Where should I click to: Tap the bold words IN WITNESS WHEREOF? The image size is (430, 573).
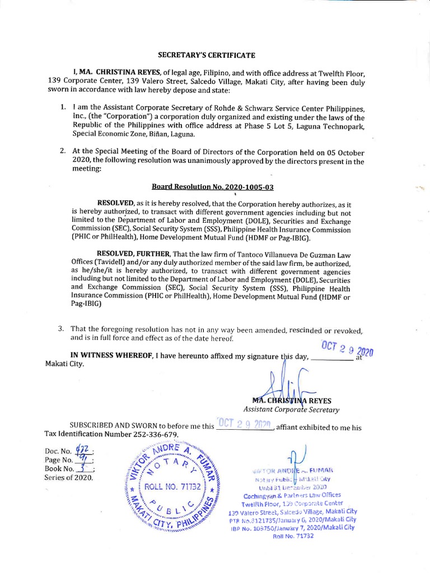point(111,355)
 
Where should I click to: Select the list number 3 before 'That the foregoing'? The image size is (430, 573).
point(61,328)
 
